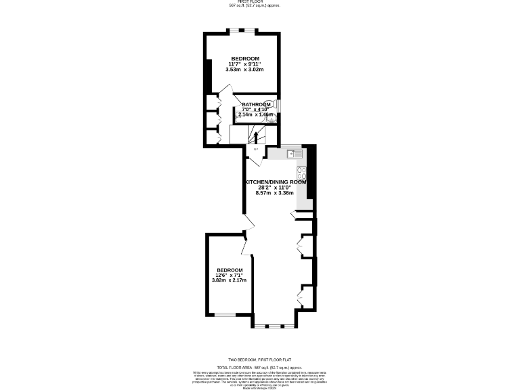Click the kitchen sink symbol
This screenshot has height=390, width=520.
pyautogui.click(x=299, y=154)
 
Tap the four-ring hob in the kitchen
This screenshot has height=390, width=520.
pyautogui.click(x=301, y=173)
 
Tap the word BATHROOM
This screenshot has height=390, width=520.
pyautogui.click(x=256, y=104)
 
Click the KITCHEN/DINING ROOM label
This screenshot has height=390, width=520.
pyautogui.click(x=276, y=182)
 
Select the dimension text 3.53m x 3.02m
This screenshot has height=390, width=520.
pyautogui.click(x=244, y=70)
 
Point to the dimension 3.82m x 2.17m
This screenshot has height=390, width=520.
pyautogui.click(x=229, y=280)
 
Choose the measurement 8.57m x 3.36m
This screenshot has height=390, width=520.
pyautogui.click(x=274, y=193)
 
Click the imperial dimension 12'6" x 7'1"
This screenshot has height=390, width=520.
pyautogui.click(x=229, y=275)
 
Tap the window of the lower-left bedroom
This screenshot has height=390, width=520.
pyautogui.click(x=225, y=314)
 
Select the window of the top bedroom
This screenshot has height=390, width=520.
pyautogui.click(x=242, y=30)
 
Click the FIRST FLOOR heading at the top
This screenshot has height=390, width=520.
pyautogui.click(x=260, y=2)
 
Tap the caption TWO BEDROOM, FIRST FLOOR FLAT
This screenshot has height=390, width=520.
pyautogui.click(x=260, y=360)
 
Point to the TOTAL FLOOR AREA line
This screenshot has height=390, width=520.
pyautogui.click(x=260, y=366)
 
